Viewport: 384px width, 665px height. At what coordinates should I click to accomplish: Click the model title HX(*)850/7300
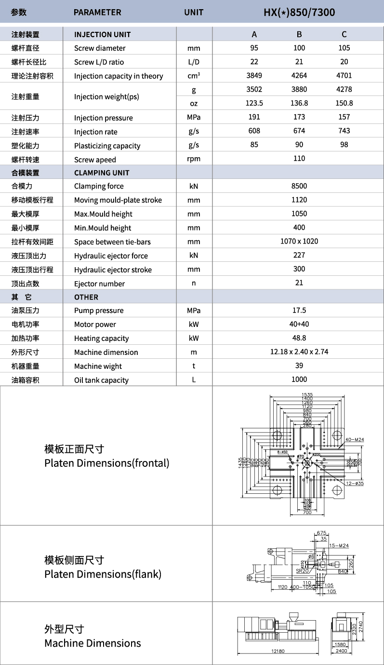coord(299,12)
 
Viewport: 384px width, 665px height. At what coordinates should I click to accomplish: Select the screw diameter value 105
coord(344,48)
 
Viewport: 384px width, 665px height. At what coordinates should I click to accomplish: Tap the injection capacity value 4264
coord(299,76)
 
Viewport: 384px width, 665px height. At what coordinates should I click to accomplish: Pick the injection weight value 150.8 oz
coord(344,103)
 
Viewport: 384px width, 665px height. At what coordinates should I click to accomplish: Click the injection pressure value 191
coord(254,117)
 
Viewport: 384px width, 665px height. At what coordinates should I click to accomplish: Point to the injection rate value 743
coord(344,131)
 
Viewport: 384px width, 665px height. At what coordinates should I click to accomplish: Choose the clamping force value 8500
coord(299,186)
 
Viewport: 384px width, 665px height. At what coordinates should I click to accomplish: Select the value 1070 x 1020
coord(299,242)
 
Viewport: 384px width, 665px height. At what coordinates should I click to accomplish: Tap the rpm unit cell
coord(194,159)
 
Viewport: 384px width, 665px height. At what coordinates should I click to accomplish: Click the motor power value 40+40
coord(299,325)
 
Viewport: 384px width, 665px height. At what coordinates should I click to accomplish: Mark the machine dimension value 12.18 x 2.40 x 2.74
coord(299,352)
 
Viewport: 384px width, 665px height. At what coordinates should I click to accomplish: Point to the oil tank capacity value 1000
coord(299,380)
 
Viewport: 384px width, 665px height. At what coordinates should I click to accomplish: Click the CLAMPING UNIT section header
coord(102,173)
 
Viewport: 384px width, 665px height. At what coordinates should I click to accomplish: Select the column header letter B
coord(299,34)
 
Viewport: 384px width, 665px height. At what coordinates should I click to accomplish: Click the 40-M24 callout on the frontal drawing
coord(355,439)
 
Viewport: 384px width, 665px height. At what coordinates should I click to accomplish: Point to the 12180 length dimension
coord(278,651)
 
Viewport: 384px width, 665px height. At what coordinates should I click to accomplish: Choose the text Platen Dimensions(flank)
coord(103,574)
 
